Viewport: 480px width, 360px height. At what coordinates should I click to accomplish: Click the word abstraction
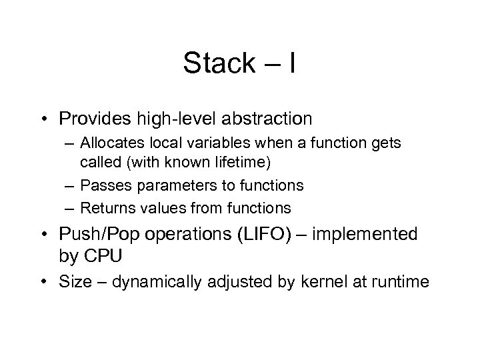click(255, 119)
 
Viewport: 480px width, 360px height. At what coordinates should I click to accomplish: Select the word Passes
click(101, 185)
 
